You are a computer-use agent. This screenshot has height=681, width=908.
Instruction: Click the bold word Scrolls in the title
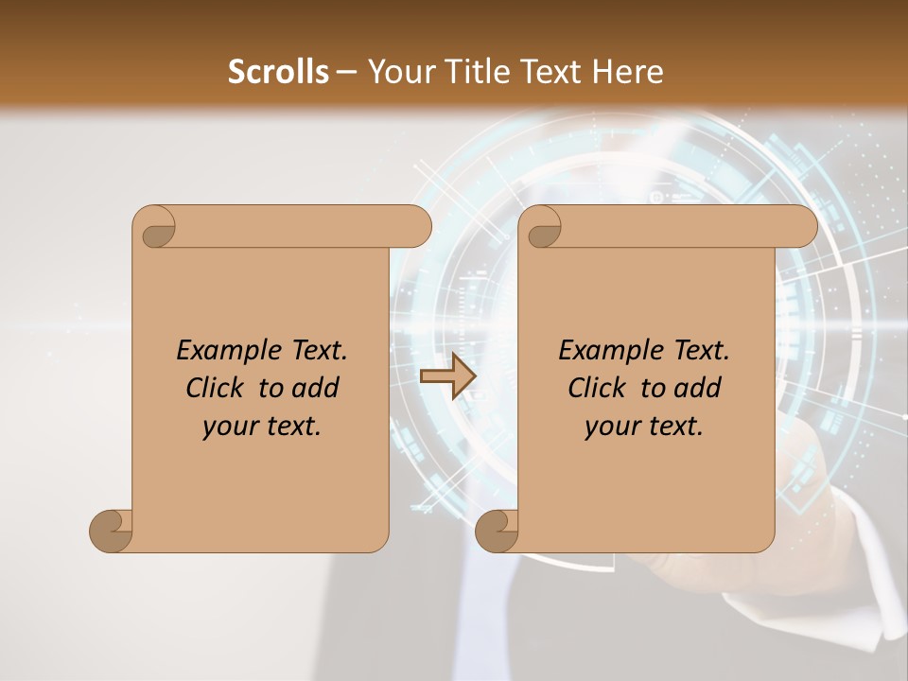coord(279,71)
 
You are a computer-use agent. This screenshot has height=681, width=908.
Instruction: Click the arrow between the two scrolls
coord(447,375)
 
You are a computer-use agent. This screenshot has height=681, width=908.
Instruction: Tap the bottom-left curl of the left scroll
coord(112,531)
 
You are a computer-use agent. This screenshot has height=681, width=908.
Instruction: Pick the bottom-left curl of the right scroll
coord(498,531)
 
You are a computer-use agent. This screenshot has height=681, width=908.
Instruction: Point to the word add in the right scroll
coord(698,388)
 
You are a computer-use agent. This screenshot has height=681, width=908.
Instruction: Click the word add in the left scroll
coord(316,388)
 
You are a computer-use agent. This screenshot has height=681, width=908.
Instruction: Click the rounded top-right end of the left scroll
coord(416,226)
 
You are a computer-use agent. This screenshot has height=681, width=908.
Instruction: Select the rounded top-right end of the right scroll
coord(802,226)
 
